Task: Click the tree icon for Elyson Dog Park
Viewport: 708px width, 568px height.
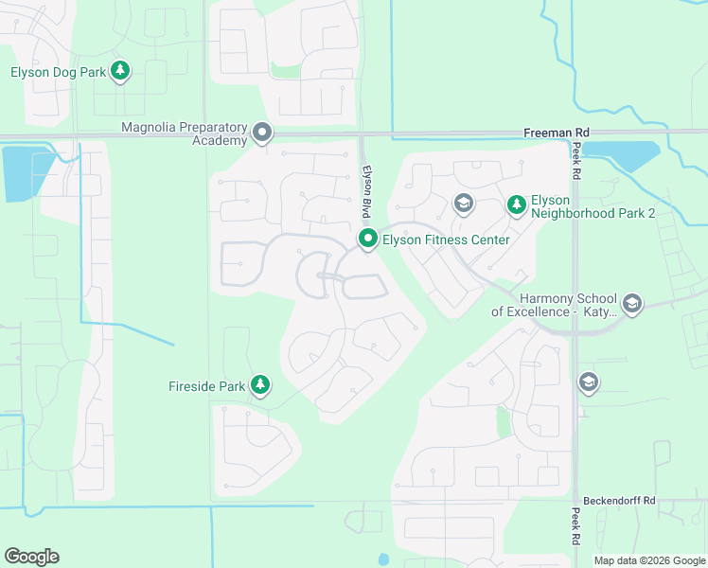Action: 120,71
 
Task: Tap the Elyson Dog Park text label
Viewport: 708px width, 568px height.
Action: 57,71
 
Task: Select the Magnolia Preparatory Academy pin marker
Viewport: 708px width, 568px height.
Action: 262,133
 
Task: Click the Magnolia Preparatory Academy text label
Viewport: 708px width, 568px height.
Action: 185,133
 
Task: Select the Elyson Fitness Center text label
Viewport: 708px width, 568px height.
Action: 446,240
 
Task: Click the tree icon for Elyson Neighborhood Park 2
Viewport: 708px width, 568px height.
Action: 516,204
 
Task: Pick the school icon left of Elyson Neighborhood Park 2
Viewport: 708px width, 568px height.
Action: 463,203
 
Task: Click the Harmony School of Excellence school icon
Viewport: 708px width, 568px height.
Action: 632,304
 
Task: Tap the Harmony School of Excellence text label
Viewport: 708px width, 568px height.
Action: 554,304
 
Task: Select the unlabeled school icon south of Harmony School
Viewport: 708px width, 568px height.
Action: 589,382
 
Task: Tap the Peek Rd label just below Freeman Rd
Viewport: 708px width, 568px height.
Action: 575,162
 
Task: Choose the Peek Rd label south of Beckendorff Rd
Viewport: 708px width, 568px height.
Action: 575,526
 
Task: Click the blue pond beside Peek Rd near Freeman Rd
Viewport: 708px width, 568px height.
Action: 621,155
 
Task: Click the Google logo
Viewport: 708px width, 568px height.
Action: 31,557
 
